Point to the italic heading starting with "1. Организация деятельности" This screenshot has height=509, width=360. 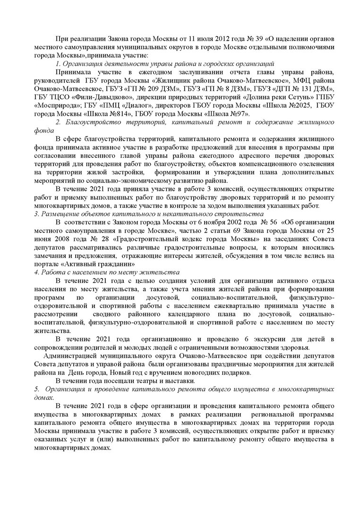[165, 63]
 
